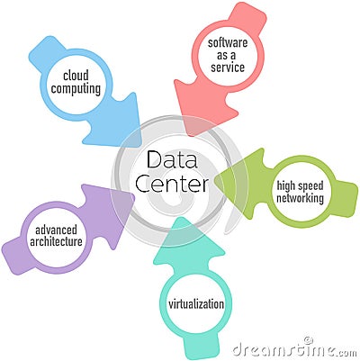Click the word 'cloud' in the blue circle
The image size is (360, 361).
pyautogui.click(x=76, y=76)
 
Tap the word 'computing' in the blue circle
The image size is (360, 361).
pyautogui.click(x=76, y=89)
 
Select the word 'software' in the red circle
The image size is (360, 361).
pyautogui.click(x=228, y=42)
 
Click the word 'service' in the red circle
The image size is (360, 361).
pyautogui.click(x=228, y=67)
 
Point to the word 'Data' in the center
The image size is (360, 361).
pyautogui.click(x=172, y=159)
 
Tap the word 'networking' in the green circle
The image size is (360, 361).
pyautogui.click(x=300, y=198)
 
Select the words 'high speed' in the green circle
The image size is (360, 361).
pyautogui.click(x=300, y=186)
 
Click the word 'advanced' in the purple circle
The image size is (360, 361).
pyautogui.click(x=56, y=230)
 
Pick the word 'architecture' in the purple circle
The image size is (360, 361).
pyautogui.click(x=56, y=242)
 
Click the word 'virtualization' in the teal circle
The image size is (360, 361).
pyautogui.click(x=196, y=304)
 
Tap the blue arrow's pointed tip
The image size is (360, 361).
pyautogui.click(x=140, y=146)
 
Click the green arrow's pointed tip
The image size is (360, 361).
pyautogui.click(x=215, y=179)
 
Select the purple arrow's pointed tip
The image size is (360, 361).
pyautogui.click(x=134, y=197)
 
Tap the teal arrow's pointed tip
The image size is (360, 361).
pyautogui.click(x=179, y=218)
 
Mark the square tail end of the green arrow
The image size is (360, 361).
pyautogui.click(x=349, y=199)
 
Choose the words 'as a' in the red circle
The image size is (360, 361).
pyautogui.click(x=227, y=55)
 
